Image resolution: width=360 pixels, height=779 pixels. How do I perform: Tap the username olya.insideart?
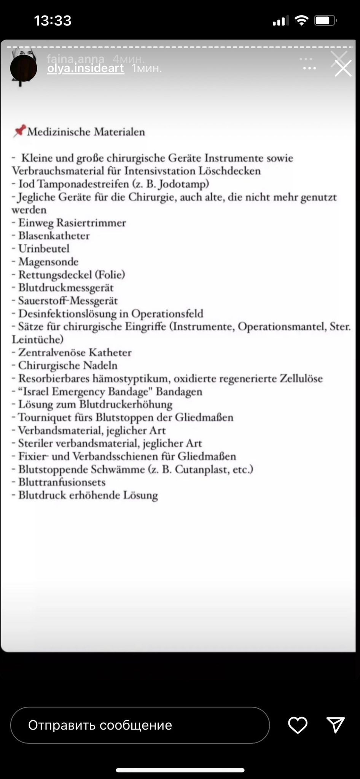[x=86, y=68]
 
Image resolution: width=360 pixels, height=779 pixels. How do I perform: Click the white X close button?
[x=343, y=69]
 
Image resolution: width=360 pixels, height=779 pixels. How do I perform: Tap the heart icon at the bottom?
[x=298, y=725]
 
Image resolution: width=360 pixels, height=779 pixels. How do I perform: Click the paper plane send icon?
[x=336, y=725]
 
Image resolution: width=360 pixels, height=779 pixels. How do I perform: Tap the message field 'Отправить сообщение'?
[x=140, y=725]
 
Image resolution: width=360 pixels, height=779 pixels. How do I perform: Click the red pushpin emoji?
[x=19, y=131]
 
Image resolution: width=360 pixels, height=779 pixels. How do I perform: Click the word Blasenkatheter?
[x=54, y=236]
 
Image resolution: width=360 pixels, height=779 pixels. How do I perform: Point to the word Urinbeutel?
[x=44, y=249]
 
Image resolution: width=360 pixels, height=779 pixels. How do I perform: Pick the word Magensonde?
[x=48, y=262]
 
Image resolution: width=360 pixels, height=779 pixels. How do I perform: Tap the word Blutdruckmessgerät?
[x=66, y=288]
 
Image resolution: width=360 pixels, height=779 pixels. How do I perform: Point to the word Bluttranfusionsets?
[x=62, y=482]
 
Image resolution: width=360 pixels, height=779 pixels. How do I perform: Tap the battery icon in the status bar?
[x=325, y=21]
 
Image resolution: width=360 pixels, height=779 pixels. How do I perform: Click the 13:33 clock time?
[x=53, y=21]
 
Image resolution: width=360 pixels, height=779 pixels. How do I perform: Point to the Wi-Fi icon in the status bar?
[x=301, y=21]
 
